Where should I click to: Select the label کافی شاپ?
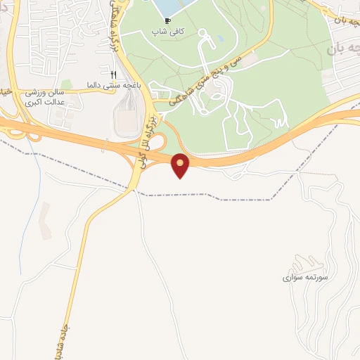tap(167, 32)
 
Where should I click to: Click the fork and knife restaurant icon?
tap(113, 74)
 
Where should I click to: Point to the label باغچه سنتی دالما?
tap(110, 84)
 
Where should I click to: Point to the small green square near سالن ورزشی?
tap(65, 85)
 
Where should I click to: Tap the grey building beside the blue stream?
tap(44, 218)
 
